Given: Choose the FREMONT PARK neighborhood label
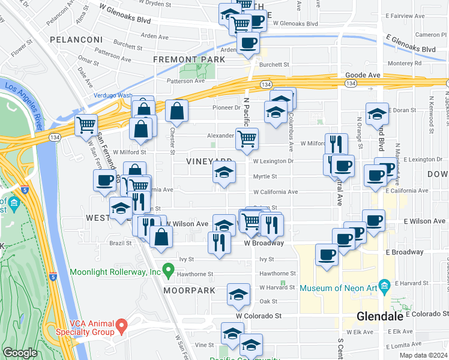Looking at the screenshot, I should [189, 60].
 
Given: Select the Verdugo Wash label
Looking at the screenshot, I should [112, 95].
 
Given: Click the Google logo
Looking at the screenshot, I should [20, 353].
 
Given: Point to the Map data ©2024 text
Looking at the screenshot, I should [424, 355].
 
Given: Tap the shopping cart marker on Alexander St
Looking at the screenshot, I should [247, 139].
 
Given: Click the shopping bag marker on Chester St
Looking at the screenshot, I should [177, 110].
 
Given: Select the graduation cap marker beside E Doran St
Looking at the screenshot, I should [376, 113].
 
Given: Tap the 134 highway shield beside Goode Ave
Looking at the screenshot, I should [351, 83].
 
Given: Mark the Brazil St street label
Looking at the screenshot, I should [120, 244].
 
